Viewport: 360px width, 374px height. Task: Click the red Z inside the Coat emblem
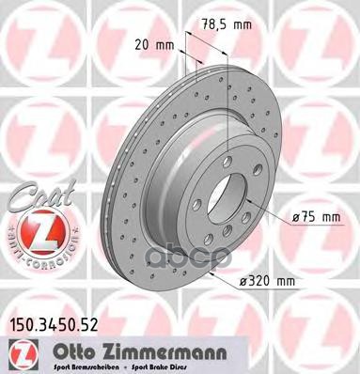pyautogui.click(x=34, y=234)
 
